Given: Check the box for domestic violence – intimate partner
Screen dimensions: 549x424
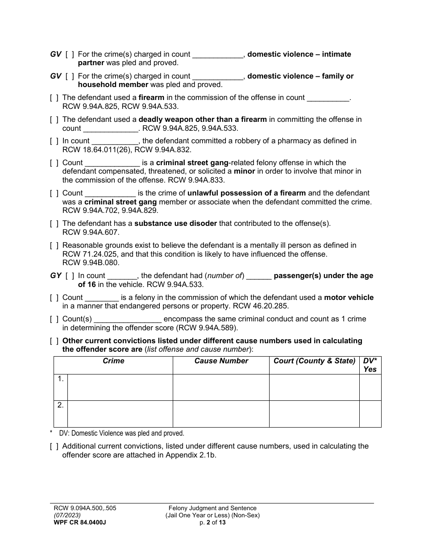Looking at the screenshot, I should [x=70, y=54].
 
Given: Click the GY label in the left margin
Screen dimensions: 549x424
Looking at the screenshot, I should [x=56, y=276].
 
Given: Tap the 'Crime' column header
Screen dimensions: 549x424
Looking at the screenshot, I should [x=113, y=361].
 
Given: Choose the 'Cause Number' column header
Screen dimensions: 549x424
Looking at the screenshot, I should [x=221, y=361].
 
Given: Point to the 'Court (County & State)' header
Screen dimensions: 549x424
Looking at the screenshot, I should [x=314, y=361].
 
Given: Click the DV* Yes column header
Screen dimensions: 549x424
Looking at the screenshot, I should [x=370, y=365].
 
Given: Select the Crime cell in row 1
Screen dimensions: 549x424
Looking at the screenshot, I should [x=120, y=387].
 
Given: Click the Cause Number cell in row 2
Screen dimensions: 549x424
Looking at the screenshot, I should [x=221, y=414].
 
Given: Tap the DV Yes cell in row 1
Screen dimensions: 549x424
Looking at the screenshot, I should [x=370, y=387].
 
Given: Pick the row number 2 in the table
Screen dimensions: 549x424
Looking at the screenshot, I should [x=60, y=406].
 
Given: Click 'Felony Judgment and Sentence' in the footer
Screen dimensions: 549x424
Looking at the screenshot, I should [x=212, y=508].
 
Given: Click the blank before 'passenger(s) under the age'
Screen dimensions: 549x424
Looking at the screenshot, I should [x=259, y=276].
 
